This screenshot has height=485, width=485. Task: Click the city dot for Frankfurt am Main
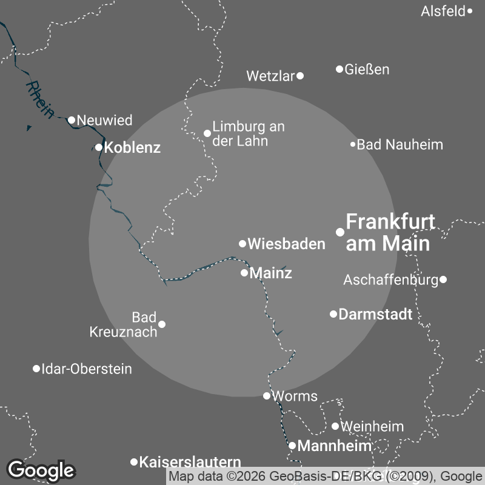[340, 232]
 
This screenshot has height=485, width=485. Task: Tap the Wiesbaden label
[287, 244]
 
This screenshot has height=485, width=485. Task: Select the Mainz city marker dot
[244, 273]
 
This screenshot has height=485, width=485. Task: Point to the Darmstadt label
[375, 315]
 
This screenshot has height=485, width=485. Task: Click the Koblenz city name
[132, 147]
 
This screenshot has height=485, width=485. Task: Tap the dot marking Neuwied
[72, 120]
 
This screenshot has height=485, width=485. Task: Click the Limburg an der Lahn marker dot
[207, 133]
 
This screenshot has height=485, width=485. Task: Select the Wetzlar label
[270, 76]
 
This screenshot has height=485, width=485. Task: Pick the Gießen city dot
[339, 69]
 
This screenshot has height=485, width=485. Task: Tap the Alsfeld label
[443, 11]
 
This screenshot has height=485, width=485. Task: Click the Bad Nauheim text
[400, 145]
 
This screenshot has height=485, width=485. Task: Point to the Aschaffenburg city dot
[443, 279]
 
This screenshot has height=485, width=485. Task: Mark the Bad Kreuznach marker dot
[162, 324]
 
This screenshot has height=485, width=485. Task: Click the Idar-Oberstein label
[86, 369]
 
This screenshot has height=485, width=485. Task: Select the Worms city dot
[267, 396]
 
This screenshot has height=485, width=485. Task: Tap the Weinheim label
[372, 427]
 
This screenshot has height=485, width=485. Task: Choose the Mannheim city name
[335, 447]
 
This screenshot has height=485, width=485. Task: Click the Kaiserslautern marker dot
[134, 462]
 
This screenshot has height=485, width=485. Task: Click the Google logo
[41, 470]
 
